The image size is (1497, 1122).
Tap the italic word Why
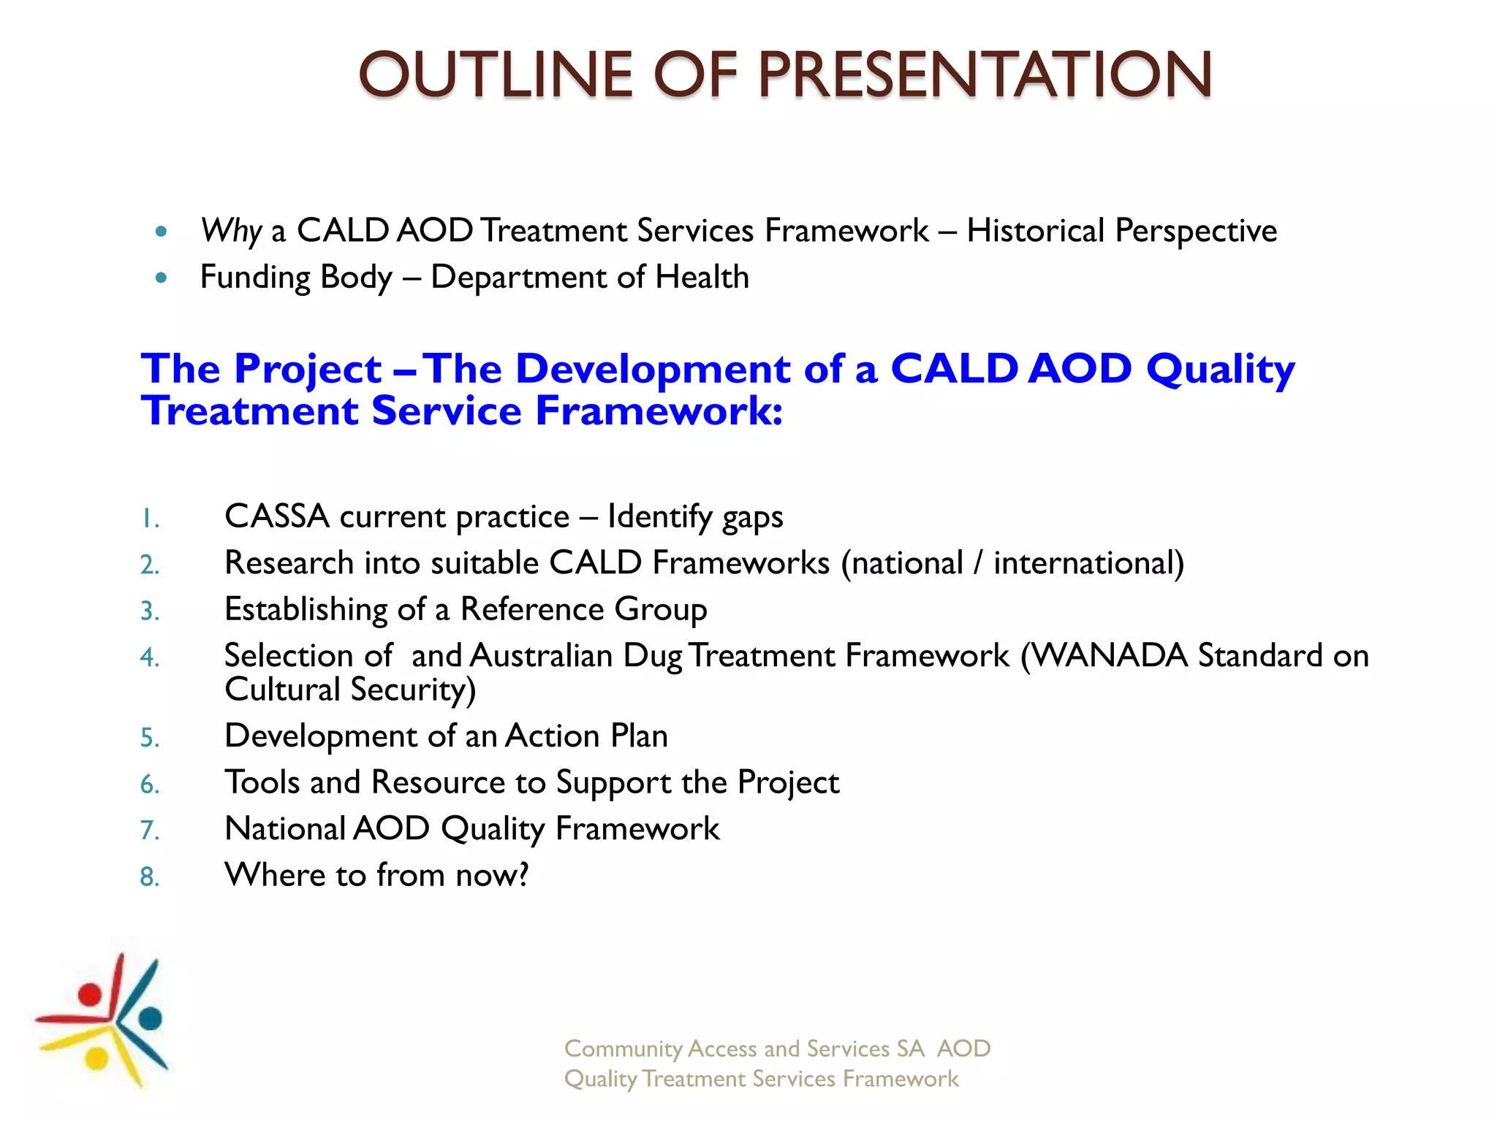230,231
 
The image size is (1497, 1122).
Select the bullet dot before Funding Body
162,278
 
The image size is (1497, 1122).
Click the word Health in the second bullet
702,278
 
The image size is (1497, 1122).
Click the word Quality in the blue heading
1220,369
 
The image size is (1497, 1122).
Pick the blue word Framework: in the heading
659,411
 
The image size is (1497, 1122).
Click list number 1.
150,519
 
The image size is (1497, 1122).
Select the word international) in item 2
1088,563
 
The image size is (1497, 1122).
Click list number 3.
150,611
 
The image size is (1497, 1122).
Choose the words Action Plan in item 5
586,736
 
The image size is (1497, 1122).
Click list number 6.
150,785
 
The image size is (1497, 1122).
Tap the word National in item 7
285,828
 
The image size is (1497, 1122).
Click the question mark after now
523,874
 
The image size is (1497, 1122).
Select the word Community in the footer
623,1049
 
